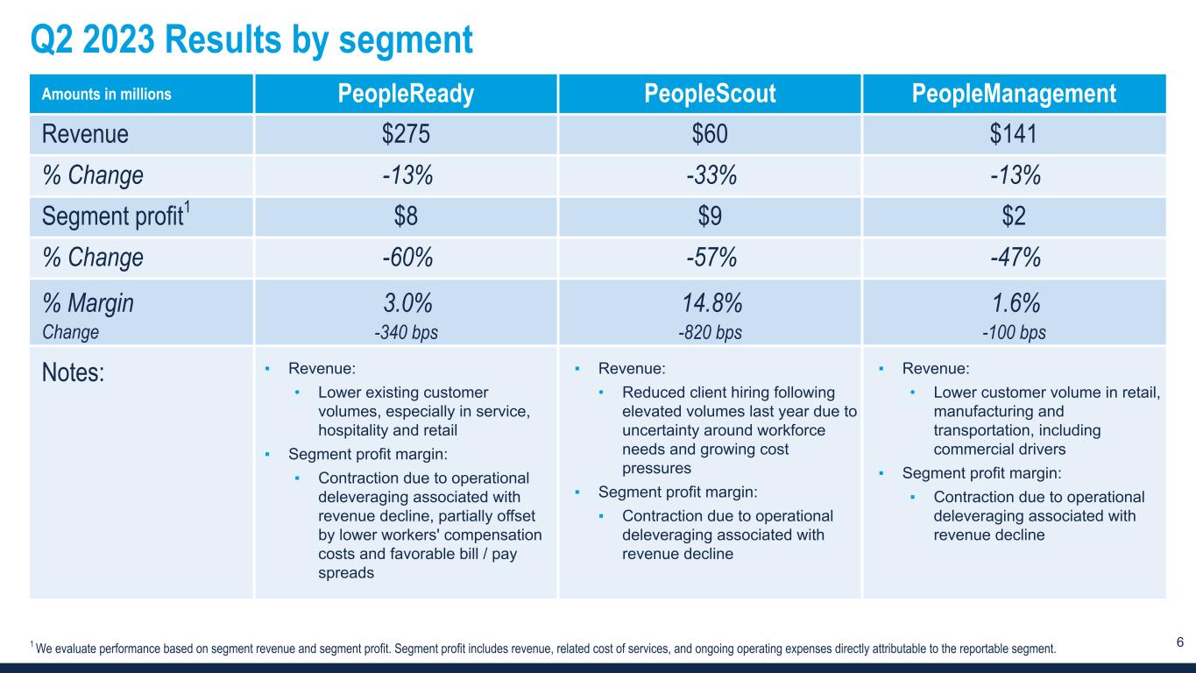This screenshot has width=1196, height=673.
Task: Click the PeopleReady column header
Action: point(406,94)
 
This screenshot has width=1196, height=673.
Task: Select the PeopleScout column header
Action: point(710,94)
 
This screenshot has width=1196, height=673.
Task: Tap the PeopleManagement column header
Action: point(1014,94)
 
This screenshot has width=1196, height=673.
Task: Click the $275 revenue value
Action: point(406,134)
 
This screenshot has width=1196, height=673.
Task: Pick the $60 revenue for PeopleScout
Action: point(710,134)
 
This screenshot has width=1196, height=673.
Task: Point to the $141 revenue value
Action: point(1014,134)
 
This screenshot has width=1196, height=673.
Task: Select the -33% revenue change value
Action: point(710,175)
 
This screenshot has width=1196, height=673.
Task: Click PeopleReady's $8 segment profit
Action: point(406,216)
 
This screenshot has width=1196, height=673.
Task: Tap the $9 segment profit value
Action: point(710,216)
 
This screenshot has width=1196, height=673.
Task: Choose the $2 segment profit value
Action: point(1014,216)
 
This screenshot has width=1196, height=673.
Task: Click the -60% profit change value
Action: point(406,258)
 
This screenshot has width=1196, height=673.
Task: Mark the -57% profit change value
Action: point(710,258)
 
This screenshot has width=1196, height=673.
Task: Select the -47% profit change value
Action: point(1014,258)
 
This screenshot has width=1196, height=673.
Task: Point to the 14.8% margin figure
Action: point(710,303)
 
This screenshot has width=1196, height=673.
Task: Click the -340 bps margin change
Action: point(406,332)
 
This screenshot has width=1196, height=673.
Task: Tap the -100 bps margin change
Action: point(1014,332)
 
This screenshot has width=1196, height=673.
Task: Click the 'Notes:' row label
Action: point(74,372)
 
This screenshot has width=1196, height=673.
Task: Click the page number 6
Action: point(1179,642)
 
